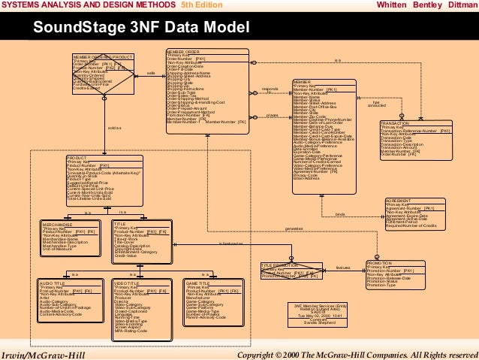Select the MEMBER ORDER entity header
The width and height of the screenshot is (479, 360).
[183, 51]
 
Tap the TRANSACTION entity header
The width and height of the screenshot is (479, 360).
[395, 123]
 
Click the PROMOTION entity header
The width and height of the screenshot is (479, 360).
[379, 262]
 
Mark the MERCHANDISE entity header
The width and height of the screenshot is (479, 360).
[58, 223]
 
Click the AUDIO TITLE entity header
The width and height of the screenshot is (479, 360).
[53, 282]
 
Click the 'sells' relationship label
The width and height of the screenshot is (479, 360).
[151, 73]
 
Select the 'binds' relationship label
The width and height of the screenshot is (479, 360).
[339, 215]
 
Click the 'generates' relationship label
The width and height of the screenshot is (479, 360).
[295, 228]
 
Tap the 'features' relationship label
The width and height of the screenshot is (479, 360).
[343, 267]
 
